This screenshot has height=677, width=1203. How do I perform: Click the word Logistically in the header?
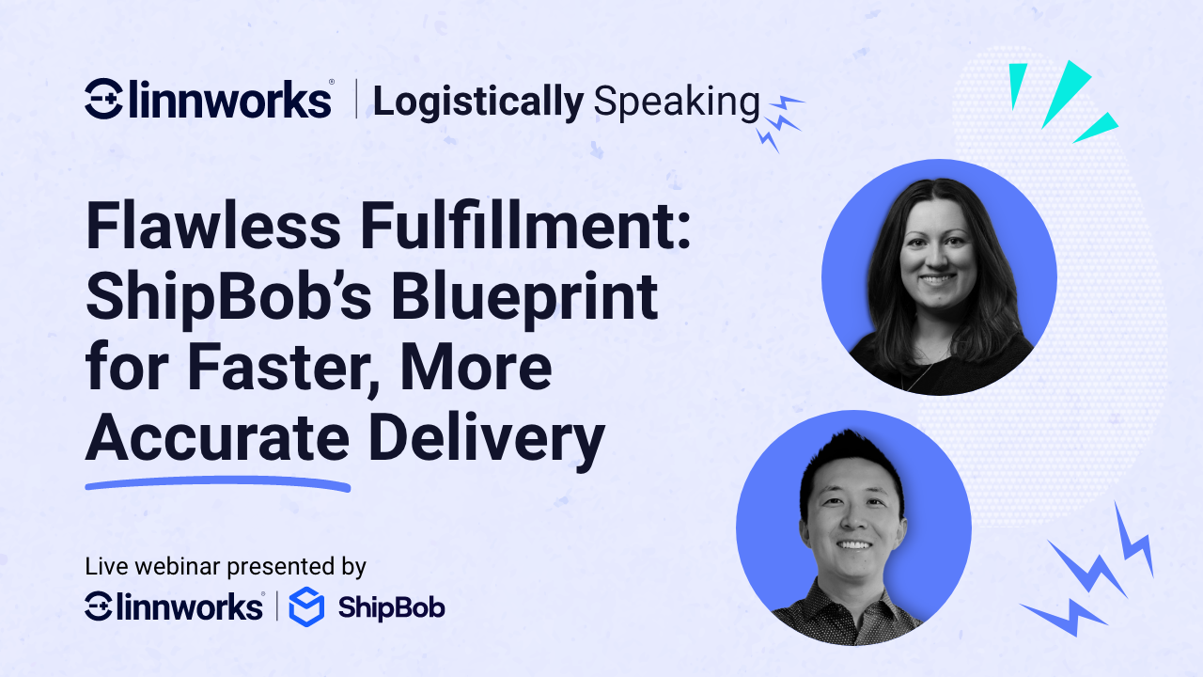(x=477, y=102)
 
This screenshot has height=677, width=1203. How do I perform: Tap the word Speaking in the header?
(x=676, y=102)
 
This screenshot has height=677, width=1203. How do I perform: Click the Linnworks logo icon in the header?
(x=103, y=99)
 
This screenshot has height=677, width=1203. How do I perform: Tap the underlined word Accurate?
(x=217, y=439)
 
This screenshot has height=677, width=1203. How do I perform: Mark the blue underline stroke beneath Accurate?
(x=217, y=485)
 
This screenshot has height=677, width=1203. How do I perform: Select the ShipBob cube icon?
(x=305, y=607)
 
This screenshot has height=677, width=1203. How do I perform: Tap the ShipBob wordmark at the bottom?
(x=391, y=607)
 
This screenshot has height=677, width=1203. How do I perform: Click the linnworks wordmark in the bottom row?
(x=195, y=606)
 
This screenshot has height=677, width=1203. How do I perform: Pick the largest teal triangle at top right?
(x=1065, y=92)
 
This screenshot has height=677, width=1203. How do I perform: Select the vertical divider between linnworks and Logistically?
(x=355, y=100)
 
